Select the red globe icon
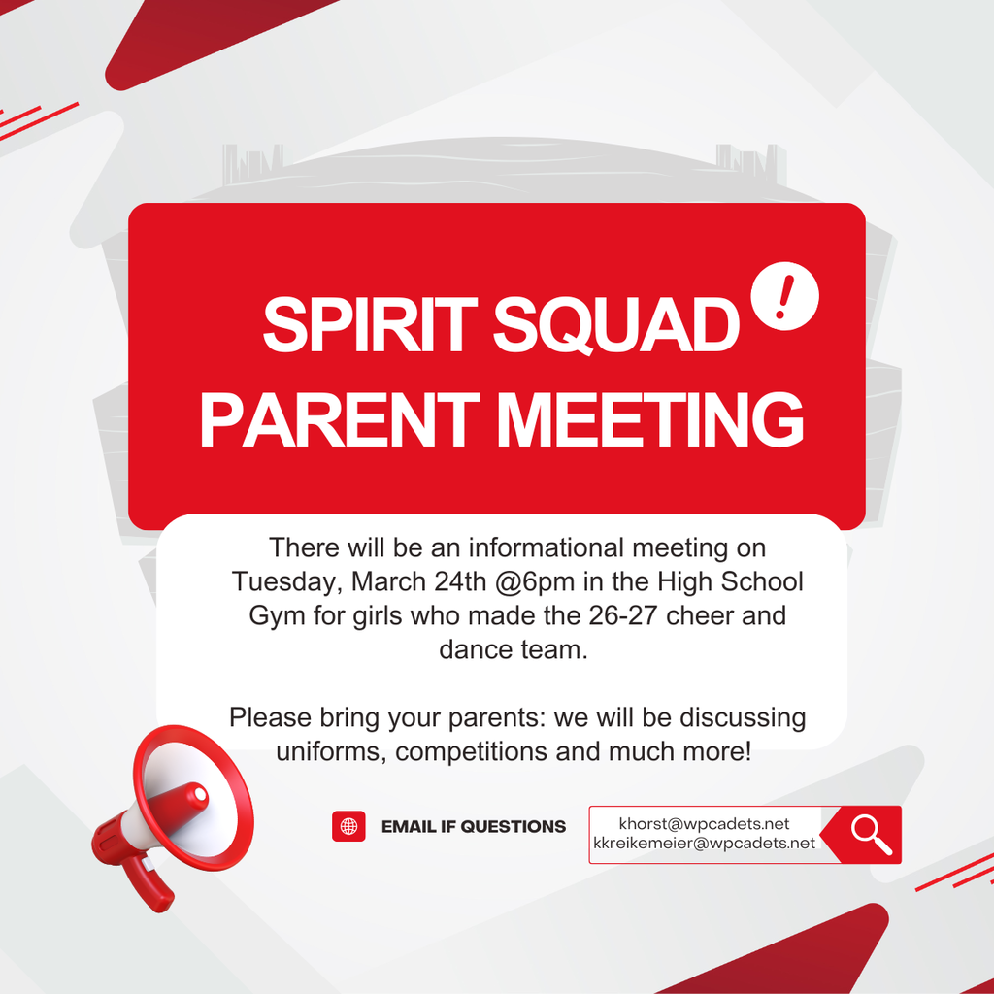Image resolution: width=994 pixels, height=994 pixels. (348, 826)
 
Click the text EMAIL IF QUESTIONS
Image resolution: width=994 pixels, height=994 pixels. (474, 827)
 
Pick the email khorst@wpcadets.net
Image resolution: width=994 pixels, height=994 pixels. (704, 824)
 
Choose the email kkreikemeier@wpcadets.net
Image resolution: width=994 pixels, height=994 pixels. (704, 844)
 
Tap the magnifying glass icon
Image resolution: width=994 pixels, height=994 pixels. (871, 834)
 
